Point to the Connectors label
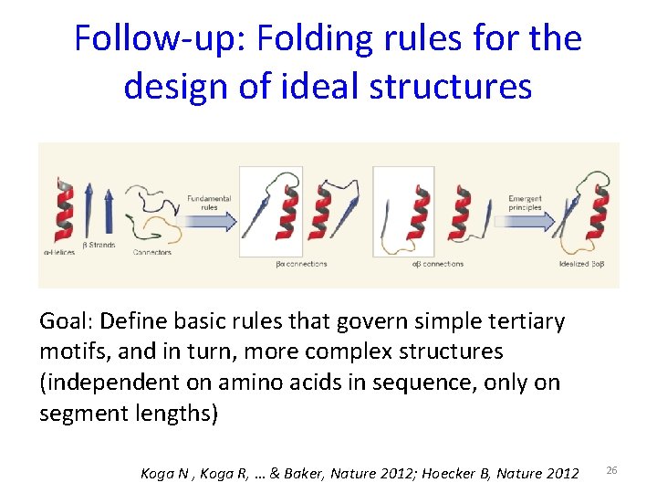coord(151,252)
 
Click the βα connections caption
coord(300,265)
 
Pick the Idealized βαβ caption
coord(581,265)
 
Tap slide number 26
coord(612,469)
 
